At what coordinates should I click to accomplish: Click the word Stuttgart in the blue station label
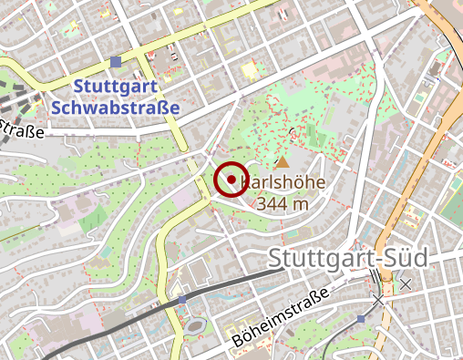click(x=115, y=87)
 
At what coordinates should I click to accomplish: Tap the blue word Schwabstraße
click(x=115, y=106)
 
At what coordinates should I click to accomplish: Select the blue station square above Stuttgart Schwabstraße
click(x=115, y=62)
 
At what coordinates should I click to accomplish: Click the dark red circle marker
click(x=231, y=179)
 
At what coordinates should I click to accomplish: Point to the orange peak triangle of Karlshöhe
click(x=282, y=162)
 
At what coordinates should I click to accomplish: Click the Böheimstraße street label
click(x=279, y=317)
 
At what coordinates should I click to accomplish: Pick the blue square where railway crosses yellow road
click(x=182, y=299)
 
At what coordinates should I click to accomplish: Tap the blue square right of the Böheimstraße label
click(x=361, y=318)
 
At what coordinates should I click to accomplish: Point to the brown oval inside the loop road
click(x=198, y=326)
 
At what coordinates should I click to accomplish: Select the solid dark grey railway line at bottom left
click(x=91, y=334)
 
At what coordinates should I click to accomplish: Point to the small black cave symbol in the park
click(x=292, y=131)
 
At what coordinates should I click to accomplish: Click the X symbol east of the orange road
click(x=406, y=284)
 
